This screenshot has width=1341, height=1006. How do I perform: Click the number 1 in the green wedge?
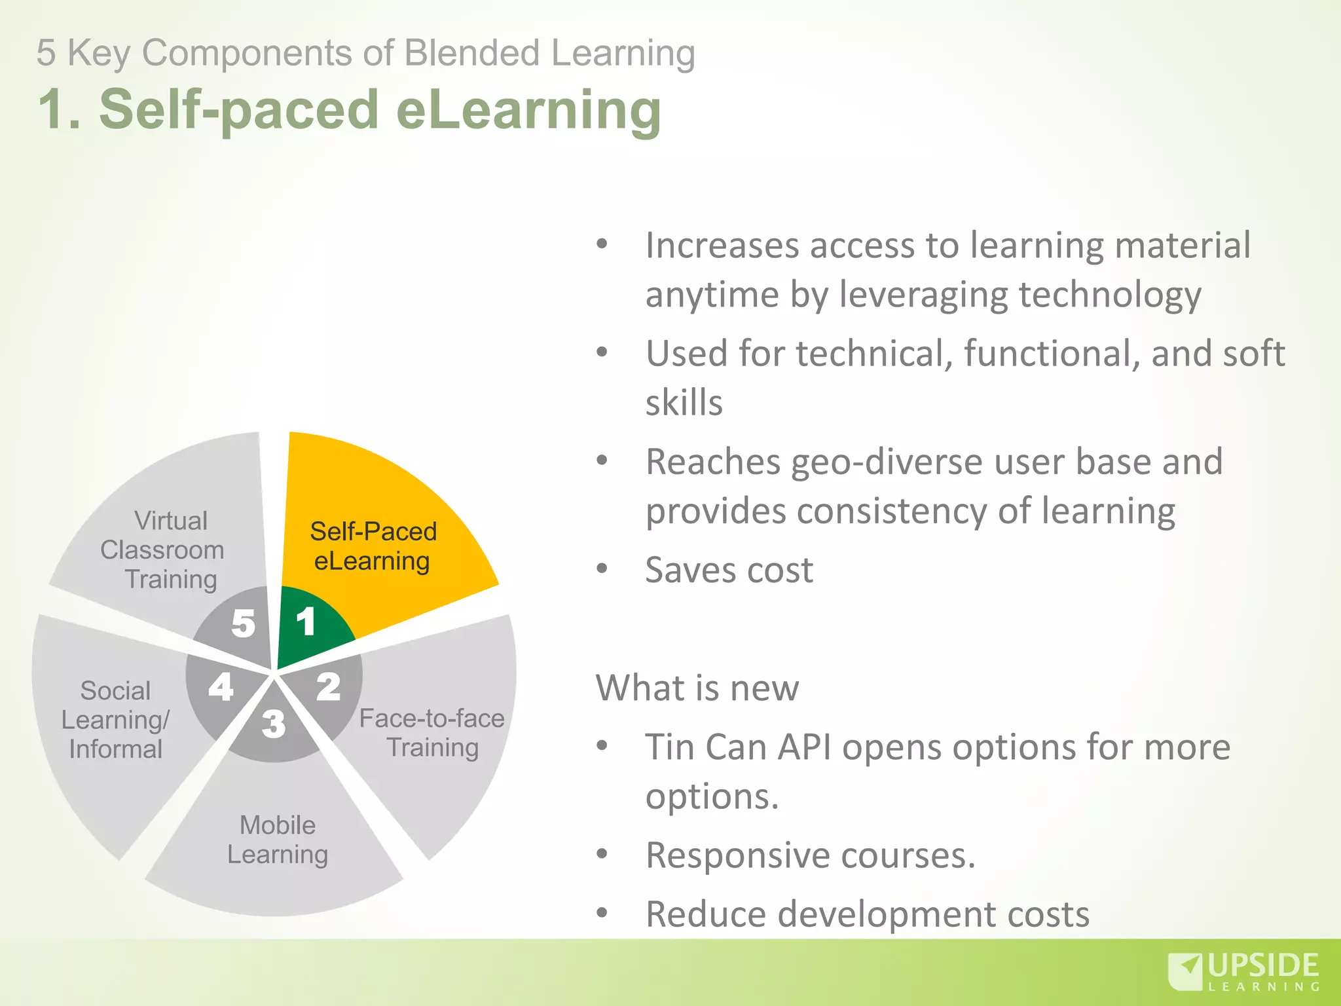(x=306, y=622)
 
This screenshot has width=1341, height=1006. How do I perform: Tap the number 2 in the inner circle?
(x=329, y=687)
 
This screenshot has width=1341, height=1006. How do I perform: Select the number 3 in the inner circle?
(x=274, y=724)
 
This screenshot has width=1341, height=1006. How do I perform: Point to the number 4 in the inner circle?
(x=221, y=687)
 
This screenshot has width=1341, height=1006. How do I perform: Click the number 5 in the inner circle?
(x=243, y=623)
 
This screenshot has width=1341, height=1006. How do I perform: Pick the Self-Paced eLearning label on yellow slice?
(x=373, y=546)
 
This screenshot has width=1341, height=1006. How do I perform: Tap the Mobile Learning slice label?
(x=278, y=840)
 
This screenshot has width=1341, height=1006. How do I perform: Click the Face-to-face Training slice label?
(x=432, y=733)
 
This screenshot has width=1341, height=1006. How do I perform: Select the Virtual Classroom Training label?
(x=164, y=550)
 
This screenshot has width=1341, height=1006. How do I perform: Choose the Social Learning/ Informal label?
(x=115, y=720)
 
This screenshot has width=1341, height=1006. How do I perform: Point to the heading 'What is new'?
(x=697, y=688)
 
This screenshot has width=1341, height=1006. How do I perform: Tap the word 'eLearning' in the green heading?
(x=529, y=109)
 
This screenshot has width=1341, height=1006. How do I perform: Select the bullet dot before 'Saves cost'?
(x=602, y=568)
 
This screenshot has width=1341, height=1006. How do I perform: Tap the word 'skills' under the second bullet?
(x=684, y=402)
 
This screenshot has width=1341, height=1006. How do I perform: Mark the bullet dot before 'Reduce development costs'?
(x=602, y=912)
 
